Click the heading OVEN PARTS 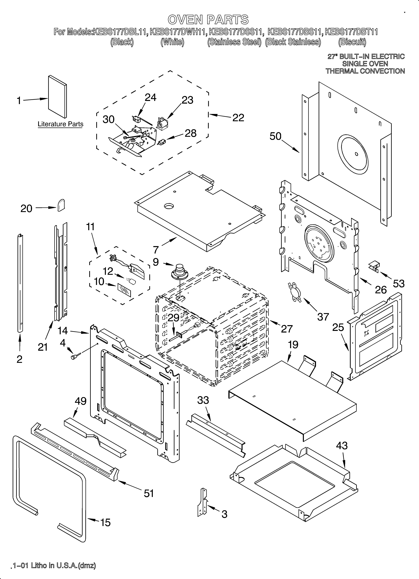click(208, 20)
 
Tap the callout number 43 click(342, 446)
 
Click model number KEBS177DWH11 click(178, 32)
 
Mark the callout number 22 click(238, 118)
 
